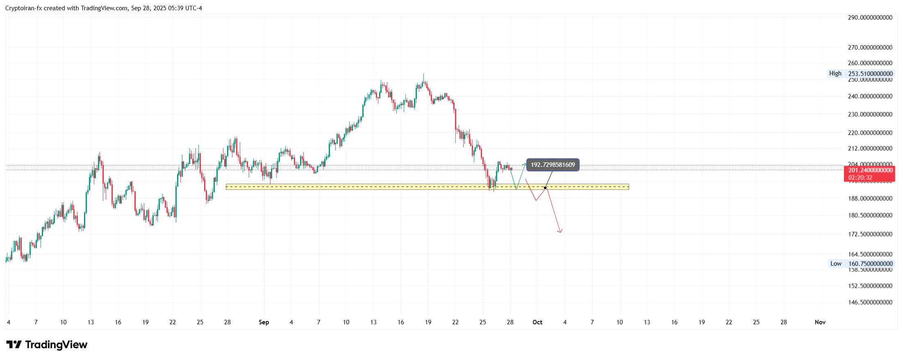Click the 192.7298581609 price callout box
point(553,165)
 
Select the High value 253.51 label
point(870,74)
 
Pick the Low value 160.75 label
point(870,264)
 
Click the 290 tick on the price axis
point(870,18)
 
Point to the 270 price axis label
point(870,48)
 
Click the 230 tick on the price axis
point(870,114)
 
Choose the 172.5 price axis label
point(870,234)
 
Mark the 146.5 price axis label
point(870,302)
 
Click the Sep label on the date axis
point(264,322)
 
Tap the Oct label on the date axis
point(537,322)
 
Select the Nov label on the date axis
point(820,322)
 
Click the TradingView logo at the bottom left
point(47,344)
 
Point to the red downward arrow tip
point(560,232)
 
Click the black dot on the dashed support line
point(545,188)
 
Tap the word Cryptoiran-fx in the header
point(23,8)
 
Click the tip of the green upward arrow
point(525,164)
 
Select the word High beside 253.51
point(835,73)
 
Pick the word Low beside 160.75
point(836,264)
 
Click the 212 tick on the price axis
point(870,148)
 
